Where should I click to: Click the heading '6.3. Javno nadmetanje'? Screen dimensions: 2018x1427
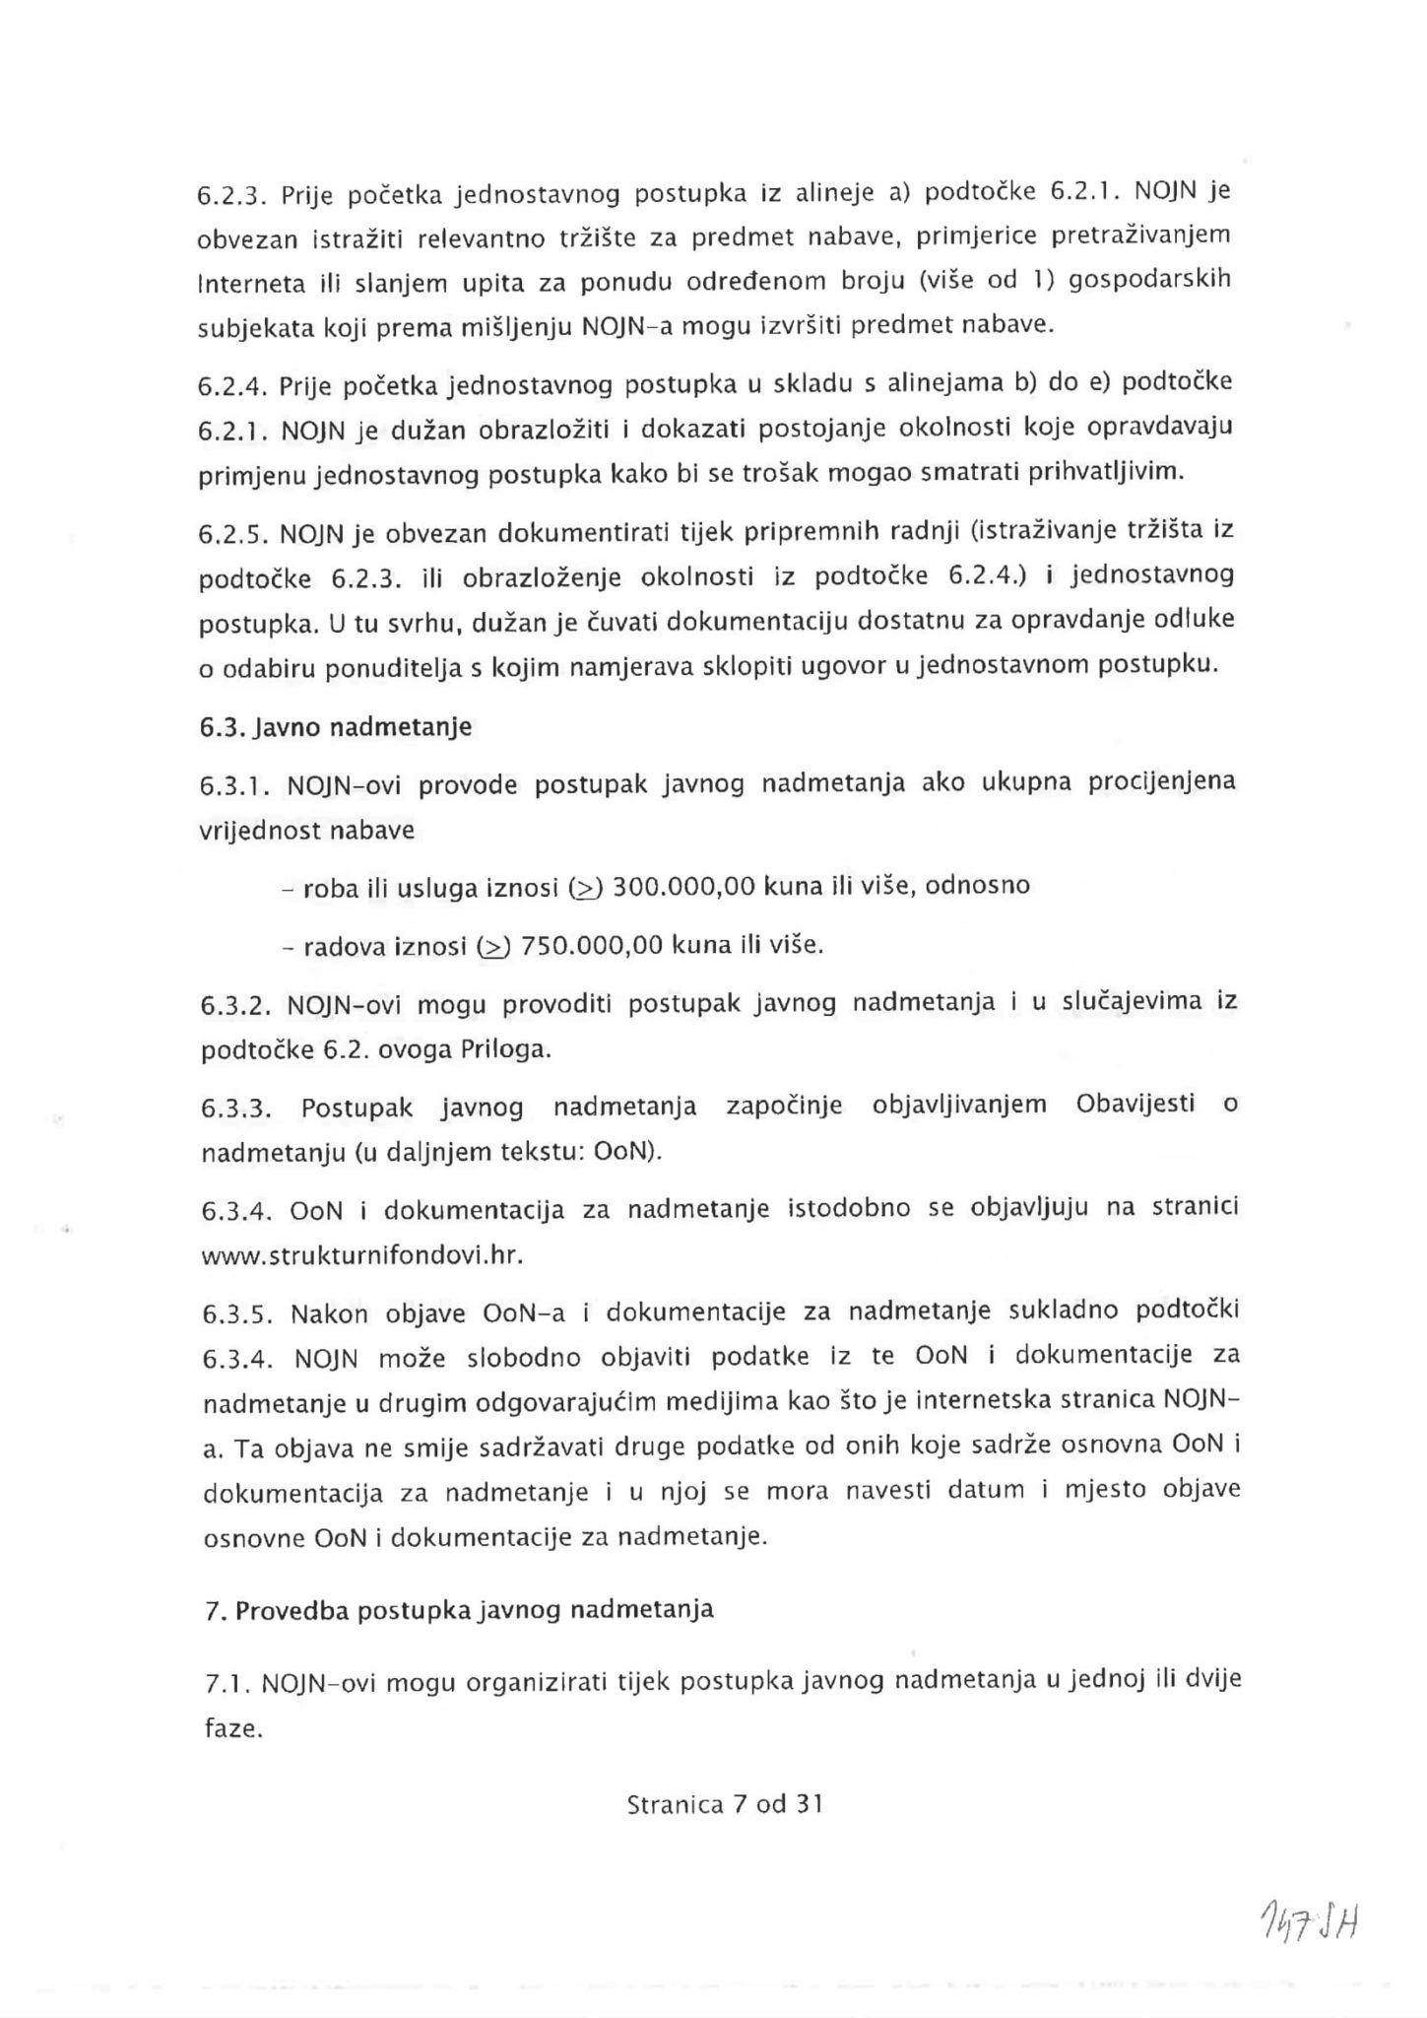pos(336,728)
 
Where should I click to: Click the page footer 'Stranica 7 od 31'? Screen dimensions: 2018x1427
pos(724,1804)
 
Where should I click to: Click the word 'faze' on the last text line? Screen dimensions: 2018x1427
pos(232,1728)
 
